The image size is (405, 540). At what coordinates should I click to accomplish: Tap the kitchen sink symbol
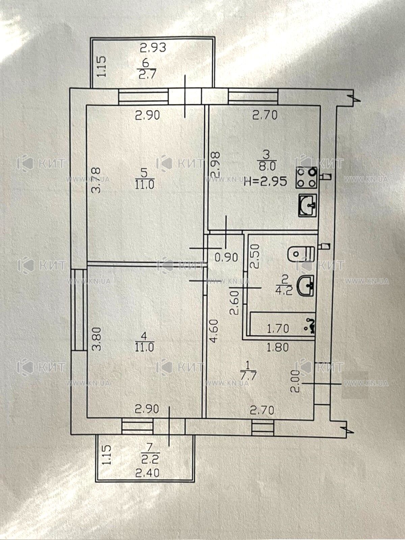tap(307, 205)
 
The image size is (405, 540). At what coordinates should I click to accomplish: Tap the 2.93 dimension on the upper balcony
tap(153, 48)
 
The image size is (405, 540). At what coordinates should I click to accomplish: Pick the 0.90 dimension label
tap(226, 257)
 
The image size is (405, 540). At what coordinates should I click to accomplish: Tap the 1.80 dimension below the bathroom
tap(278, 347)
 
